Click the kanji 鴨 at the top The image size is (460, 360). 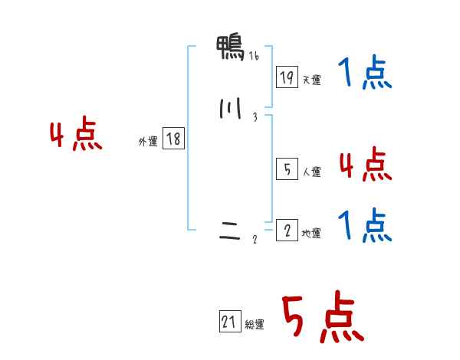231,49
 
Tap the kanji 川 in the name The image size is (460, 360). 229,110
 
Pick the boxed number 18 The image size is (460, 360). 173,139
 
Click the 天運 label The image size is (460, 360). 311,80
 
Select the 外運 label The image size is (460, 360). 148,142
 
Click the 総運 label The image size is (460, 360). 255,326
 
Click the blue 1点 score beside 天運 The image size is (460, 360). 364,74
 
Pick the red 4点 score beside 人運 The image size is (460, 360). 364,164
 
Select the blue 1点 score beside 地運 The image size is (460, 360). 364,225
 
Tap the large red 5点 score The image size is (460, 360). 322,318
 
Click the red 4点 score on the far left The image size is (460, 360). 76,136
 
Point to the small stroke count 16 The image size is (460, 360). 253,56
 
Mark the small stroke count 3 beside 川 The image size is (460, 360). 255,117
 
